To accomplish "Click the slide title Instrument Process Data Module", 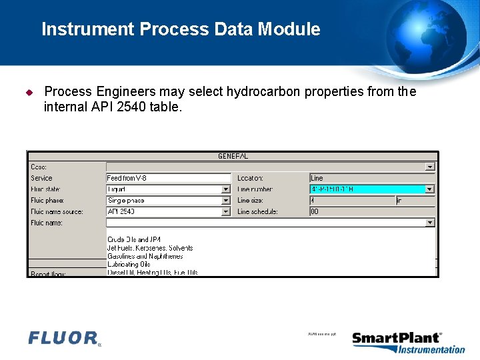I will coord(181,29).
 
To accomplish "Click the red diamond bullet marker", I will coord(29,92).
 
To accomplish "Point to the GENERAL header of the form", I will coord(233,156).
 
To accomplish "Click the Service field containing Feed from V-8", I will coord(168,178).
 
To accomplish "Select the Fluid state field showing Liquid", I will coord(164,189).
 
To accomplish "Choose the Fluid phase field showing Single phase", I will coord(164,201).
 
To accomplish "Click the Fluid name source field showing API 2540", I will coord(164,212).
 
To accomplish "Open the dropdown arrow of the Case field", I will coord(430,167).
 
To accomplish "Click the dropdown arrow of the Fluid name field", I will coord(430,223).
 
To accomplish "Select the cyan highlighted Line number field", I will coord(367,189).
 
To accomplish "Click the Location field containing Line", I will coord(371,178).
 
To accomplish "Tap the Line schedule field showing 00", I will coord(371,212).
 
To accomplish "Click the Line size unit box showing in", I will coord(415,201).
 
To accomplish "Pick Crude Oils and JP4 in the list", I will coord(134,239).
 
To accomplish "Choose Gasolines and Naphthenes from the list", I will coord(145,256).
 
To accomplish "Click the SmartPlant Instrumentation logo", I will coord(408,343).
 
